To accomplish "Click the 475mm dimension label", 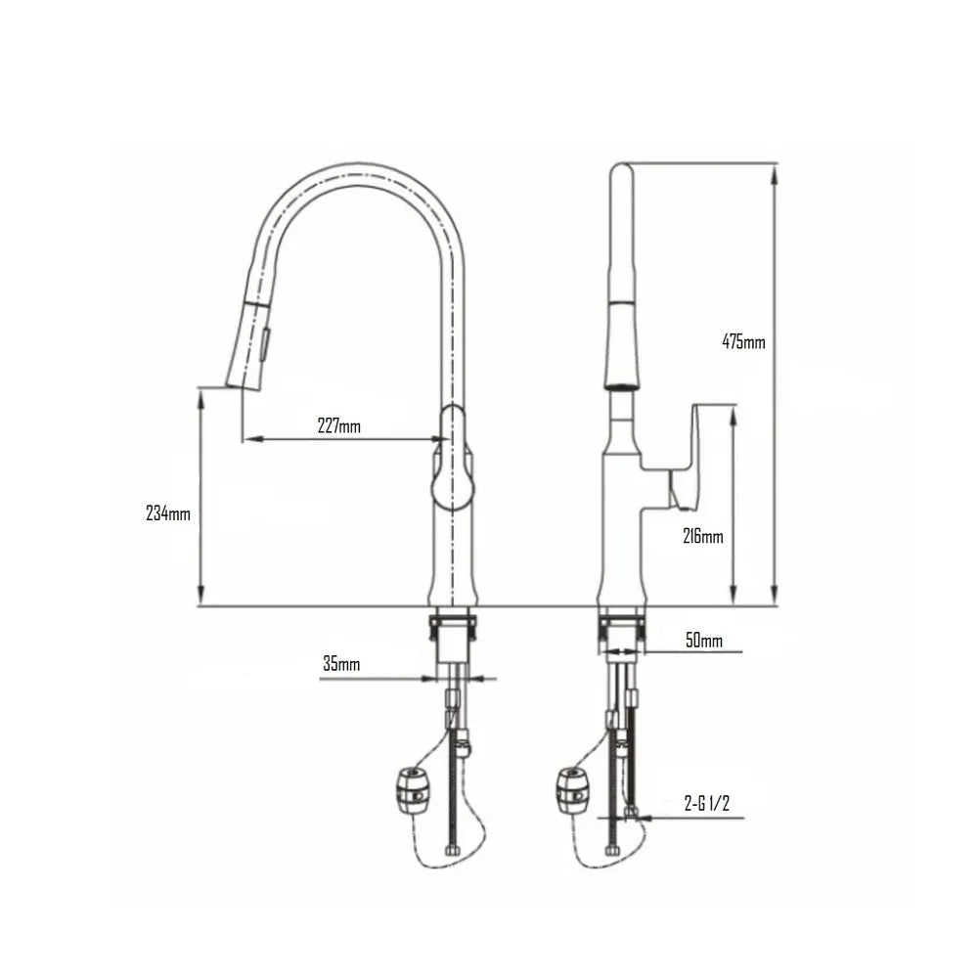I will click(743, 342).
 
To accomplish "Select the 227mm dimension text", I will click(338, 425).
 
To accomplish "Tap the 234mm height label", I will click(167, 513).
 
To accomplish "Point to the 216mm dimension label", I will click(702, 536).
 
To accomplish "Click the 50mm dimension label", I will click(703, 641).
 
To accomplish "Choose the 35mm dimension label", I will click(341, 664).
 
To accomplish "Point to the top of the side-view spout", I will click(621, 171).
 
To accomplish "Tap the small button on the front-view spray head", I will click(264, 342).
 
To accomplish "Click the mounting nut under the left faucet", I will click(453, 626).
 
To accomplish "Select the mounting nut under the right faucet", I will click(621, 626).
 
